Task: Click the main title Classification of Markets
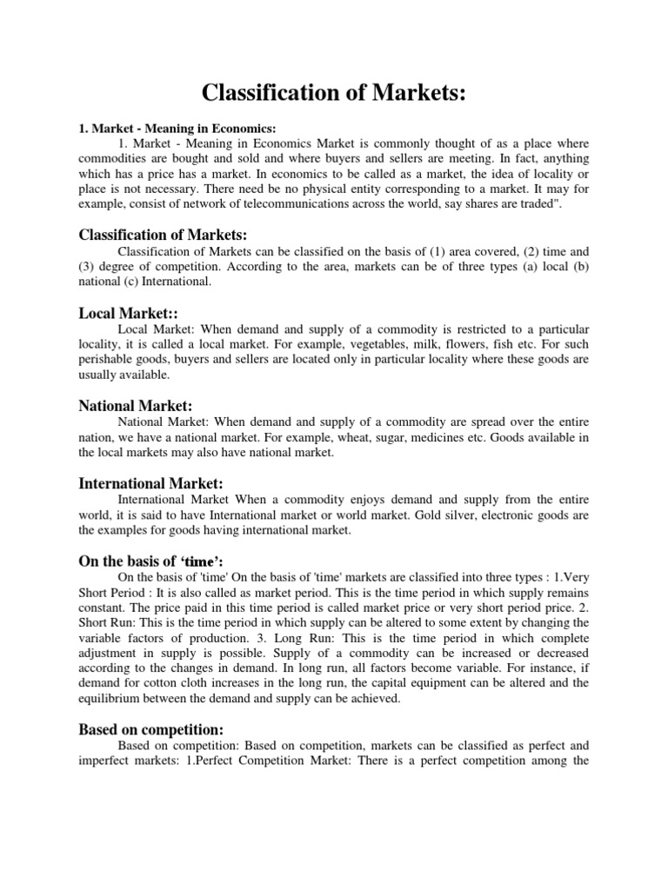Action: [x=334, y=95]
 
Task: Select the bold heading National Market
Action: [x=135, y=405]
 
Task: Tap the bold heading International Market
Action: [x=151, y=482]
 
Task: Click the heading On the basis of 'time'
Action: [x=144, y=560]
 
